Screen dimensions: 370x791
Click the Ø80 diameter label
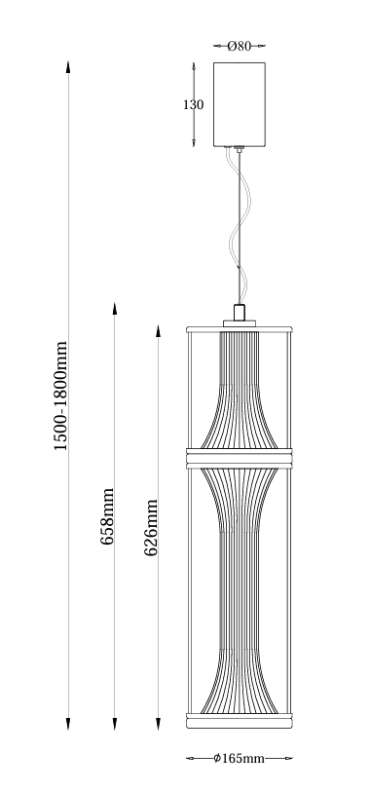(x=239, y=46)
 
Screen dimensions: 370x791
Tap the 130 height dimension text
(x=193, y=105)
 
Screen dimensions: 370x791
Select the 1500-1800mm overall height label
(x=60, y=396)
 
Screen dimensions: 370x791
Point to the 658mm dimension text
(x=107, y=516)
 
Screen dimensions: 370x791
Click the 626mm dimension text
(x=151, y=528)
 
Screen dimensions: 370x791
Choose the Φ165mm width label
(x=239, y=758)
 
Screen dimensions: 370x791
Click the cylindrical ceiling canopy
(x=239, y=104)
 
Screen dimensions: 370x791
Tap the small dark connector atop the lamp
(x=239, y=313)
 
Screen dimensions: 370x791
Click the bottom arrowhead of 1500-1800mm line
(x=68, y=724)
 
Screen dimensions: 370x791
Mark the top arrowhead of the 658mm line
(x=115, y=309)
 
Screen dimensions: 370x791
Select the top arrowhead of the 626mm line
(x=159, y=331)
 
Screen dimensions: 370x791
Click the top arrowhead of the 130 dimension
(x=194, y=68)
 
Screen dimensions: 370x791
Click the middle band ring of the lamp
(x=239, y=459)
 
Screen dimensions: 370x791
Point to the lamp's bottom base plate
(x=239, y=721)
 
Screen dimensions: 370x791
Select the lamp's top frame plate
(x=239, y=329)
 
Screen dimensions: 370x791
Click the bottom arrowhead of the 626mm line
(x=159, y=724)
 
